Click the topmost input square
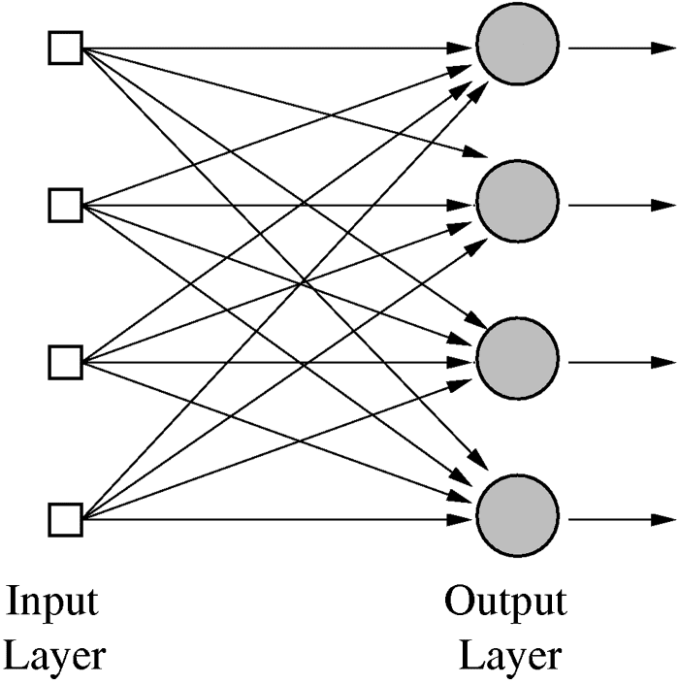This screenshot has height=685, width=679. [x=66, y=48]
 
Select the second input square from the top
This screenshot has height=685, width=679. [x=66, y=205]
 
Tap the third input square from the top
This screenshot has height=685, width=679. [x=66, y=362]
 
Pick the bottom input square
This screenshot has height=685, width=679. [x=66, y=519]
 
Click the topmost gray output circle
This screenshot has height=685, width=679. [x=517, y=48]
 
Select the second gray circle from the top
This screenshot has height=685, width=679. [x=517, y=205]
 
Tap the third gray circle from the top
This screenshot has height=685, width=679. [x=517, y=362]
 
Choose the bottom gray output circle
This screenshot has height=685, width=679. [x=517, y=519]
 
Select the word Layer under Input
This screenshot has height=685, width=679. [x=52, y=656]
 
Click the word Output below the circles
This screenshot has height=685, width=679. [x=505, y=603]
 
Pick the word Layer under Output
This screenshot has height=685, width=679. [x=509, y=656]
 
